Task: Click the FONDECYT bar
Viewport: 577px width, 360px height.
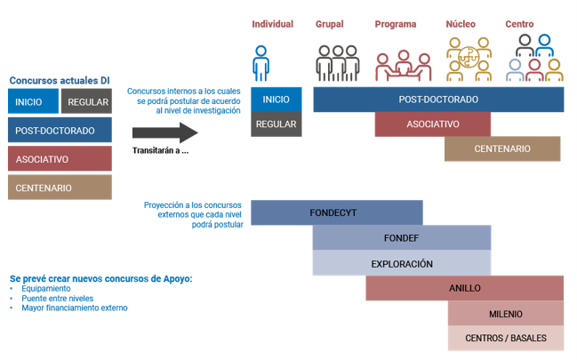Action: [336, 213]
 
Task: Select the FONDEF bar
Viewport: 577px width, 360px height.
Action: [402, 238]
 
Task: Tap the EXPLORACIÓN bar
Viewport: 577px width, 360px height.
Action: [402, 263]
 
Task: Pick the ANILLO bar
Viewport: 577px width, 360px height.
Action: [464, 288]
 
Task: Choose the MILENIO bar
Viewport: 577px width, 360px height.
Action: [505, 313]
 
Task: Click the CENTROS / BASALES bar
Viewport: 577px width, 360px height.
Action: [505, 338]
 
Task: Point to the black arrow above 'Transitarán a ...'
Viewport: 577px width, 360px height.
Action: [164, 133]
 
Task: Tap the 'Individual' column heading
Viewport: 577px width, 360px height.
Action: [272, 24]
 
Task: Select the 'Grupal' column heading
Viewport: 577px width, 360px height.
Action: [329, 24]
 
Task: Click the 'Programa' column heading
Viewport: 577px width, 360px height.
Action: [396, 24]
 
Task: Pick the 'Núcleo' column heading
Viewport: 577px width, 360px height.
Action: [461, 24]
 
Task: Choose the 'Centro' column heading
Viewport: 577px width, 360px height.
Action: [519, 24]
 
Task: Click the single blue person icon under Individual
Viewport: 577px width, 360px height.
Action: [260, 63]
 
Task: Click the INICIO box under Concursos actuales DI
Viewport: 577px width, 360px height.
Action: [33, 101]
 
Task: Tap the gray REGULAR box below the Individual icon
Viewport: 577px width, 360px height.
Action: [276, 124]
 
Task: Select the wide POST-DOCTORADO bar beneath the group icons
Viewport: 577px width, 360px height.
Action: [438, 100]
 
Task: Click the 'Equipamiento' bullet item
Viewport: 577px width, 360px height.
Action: [44, 289]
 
